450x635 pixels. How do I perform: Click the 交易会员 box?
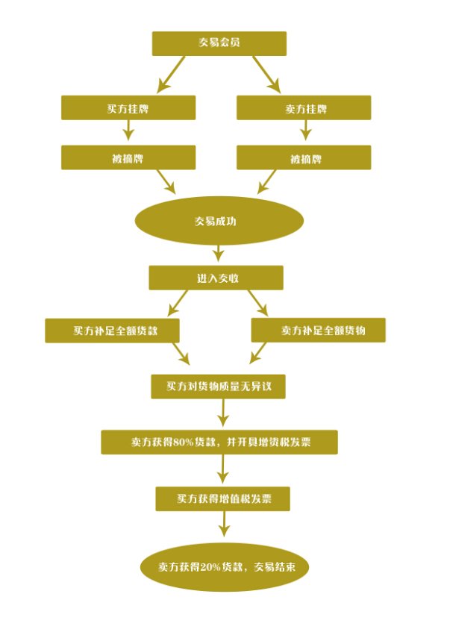click(x=219, y=43)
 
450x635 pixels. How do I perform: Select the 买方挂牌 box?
click(x=128, y=109)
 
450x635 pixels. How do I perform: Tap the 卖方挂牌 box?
click(x=304, y=109)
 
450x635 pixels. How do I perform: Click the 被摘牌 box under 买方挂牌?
click(x=128, y=158)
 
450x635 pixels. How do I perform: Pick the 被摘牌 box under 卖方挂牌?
click(x=304, y=158)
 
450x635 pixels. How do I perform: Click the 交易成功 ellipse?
click(x=219, y=222)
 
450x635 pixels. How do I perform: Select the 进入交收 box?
click(x=216, y=278)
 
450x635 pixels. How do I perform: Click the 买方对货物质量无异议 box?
click(x=218, y=387)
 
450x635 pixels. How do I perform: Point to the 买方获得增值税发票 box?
click(x=222, y=499)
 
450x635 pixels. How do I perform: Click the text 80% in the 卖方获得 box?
click(x=184, y=442)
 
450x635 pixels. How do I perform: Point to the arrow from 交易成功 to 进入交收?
click(x=219, y=254)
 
